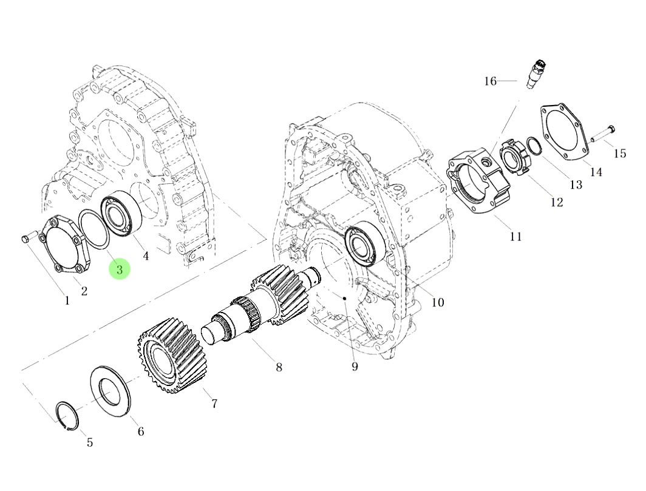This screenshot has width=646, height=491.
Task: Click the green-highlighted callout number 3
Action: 120,269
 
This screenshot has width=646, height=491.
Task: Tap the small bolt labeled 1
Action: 25,239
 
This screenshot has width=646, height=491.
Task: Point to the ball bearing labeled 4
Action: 121,214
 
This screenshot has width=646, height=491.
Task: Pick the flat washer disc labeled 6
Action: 111,390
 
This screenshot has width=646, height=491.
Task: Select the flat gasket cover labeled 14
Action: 564,134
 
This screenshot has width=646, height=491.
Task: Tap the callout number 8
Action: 279,368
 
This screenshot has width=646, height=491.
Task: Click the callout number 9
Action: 355,367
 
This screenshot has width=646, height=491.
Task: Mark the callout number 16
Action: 491,81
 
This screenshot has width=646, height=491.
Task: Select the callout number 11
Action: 515,237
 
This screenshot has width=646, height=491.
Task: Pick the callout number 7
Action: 214,403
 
